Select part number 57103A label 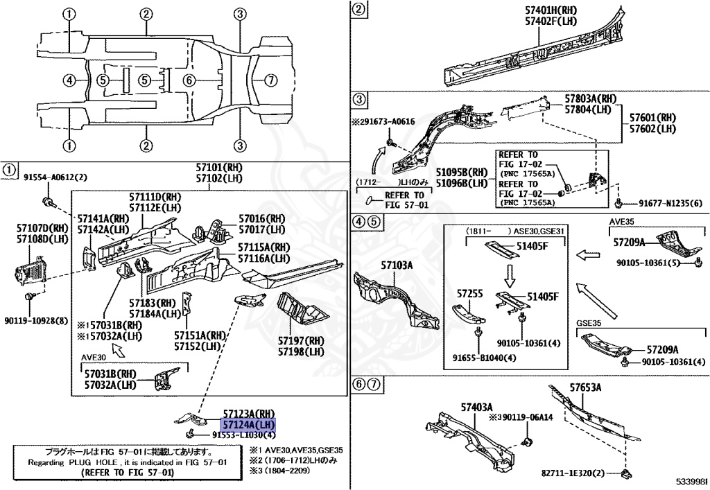point(397,265)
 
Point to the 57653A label point(586,387)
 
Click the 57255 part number point(469,293)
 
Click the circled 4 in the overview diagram point(68,80)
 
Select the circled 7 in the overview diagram point(271,80)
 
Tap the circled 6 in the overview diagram point(189,80)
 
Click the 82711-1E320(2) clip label point(573,473)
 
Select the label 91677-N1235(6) point(666,203)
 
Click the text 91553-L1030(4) point(239,435)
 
